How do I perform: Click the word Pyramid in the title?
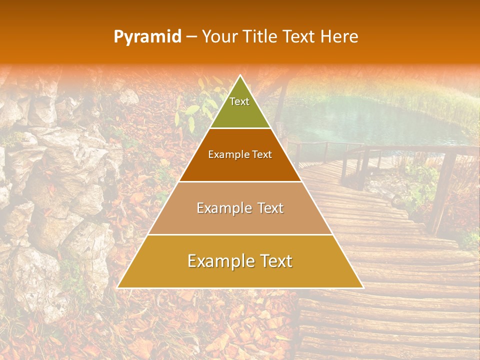(x=147, y=37)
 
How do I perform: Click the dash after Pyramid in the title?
(x=191, y=37)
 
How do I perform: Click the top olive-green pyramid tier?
(x=240, y=107)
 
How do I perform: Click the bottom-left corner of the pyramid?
(x=117, y=287)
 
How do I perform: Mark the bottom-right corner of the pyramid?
(x=363, y=287)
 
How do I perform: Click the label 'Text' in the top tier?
(x=239, y=101)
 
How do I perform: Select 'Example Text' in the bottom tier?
(x=240, y=261)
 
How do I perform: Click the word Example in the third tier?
(x=220, y=208)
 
